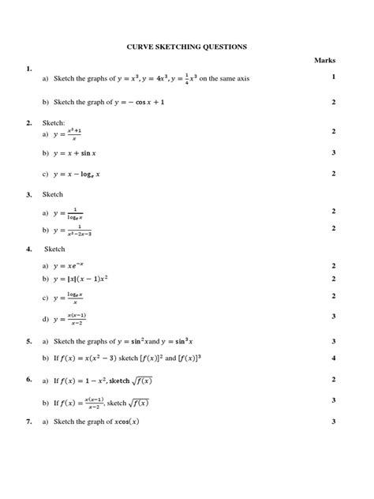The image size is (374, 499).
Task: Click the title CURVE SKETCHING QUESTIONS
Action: click(x=187, y=47)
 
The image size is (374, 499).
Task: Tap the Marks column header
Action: click(x=324, y=60)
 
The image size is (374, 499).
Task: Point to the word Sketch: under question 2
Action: click(x=53, y=123)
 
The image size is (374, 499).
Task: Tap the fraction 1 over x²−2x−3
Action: click(x=80, y=230)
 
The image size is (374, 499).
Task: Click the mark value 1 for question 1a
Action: click(x=334, y=77)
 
